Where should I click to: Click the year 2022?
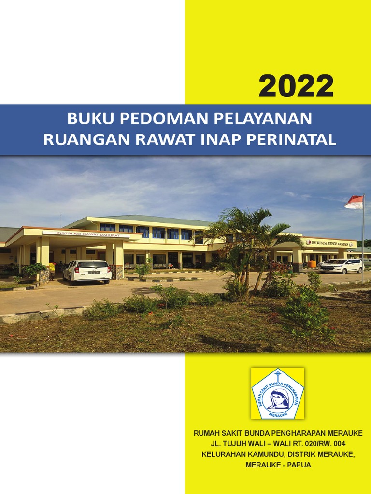[x=296, y=87]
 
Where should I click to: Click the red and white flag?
[x=355, y=202]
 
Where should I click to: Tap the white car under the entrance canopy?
[x=87, y=271]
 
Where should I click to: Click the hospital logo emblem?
[x=278, y=393]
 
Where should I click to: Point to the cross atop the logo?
[x=278, y=375]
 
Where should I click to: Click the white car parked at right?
[x=341, y=266]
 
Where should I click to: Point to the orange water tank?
[x=312, y=264]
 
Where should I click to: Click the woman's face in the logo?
[x=278, y=398]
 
